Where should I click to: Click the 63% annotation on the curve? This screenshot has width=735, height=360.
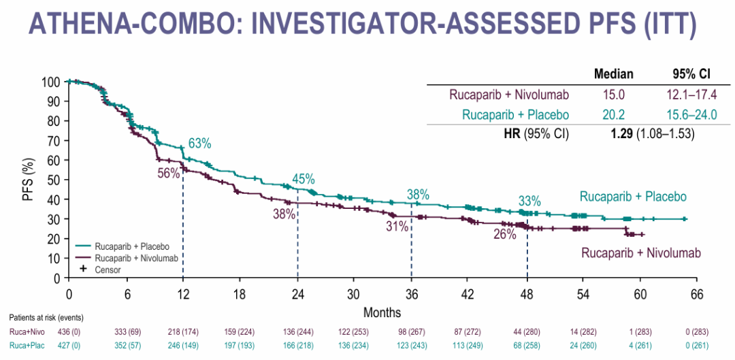pyautogui.click(x=200, y=144)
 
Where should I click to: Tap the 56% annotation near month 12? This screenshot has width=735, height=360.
pyautogui.click(x=169, y=174)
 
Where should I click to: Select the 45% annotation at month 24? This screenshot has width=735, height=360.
pyautogui.click(x=304, y=179)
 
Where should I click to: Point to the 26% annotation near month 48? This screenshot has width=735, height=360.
pyautogui.click(x=506, y=235)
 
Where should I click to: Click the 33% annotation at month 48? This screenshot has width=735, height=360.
pyautogui.click(x=529, y=201)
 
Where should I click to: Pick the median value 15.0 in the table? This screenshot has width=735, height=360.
pyautogui.click(x=613, y=95)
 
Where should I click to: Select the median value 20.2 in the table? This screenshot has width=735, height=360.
pyautogui.click(x=613, y=114)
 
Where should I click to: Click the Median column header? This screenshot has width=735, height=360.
pyautogui.click(x=613, y=74)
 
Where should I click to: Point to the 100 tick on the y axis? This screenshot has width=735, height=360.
pyautogui.click(x=52, y=82)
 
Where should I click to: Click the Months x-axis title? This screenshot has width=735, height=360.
pyautogui.click(x=382, y=312)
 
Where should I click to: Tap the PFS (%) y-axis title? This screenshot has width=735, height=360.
pyautogui.click(x=28, y=180)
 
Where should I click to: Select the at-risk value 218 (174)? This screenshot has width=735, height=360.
pyautogui.click(x=183, y=331)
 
